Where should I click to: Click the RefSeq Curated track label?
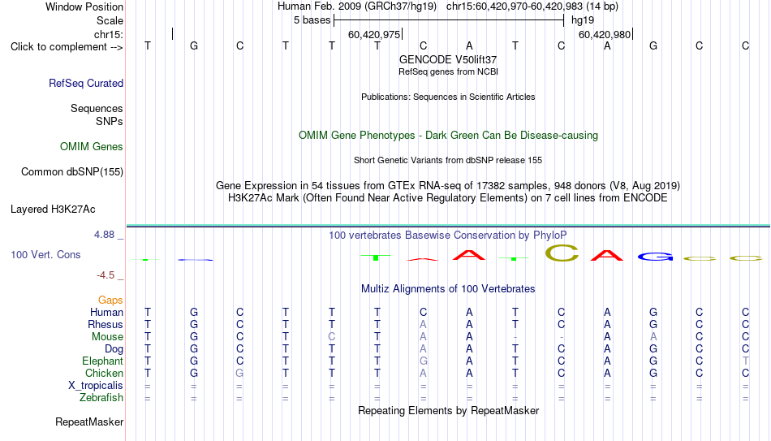click(86, 83)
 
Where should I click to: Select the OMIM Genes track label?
click(92, 147)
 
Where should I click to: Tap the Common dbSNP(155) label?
click(72, 172)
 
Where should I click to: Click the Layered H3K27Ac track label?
click(53, 210)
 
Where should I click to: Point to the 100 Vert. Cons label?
click(45, 254)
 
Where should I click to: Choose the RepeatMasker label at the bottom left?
click(89, 422)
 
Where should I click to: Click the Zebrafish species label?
click(101, 397)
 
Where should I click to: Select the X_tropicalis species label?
click(96, 386)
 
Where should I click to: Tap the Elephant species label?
click(103, 361)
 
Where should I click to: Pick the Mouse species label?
click(107, 337)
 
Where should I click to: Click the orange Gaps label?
click(110, 300)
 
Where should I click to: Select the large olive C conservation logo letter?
click(562, 253)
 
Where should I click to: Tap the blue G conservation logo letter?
click(656, 257)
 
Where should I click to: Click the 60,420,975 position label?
click(374, 34)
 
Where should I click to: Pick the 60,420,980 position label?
click(605, 34)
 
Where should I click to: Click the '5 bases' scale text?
click(312, 20)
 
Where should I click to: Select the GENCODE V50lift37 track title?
click(448, 59)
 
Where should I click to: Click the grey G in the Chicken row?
click(239, 373)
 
